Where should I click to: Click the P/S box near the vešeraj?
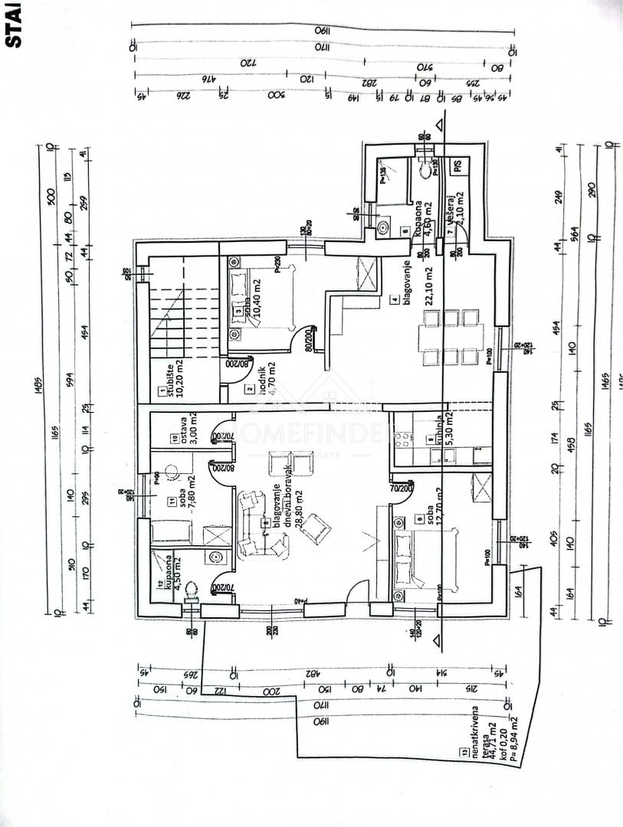(456, 165)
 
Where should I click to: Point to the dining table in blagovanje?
(451, 335)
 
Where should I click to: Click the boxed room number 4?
(395, 300)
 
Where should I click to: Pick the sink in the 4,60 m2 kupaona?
(382, 227)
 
